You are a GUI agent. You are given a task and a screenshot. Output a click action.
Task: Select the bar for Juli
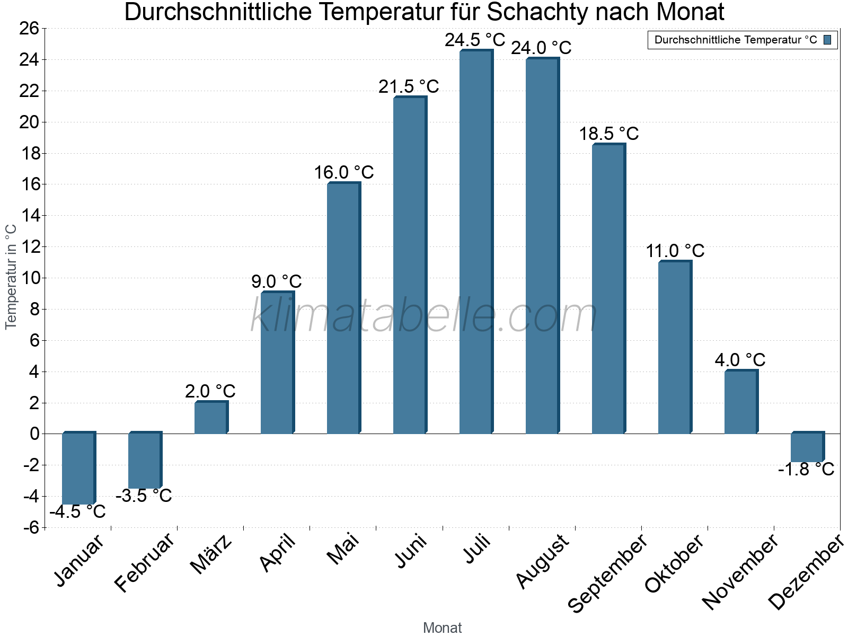coord(475,242)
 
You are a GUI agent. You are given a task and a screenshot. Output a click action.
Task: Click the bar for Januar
coord(78,469)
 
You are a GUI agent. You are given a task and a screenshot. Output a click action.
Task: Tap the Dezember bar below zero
coord(807,447)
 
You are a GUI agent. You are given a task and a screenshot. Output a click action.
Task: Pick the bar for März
coord(210,418)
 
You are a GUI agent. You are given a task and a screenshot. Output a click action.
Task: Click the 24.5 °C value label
coord(475,40)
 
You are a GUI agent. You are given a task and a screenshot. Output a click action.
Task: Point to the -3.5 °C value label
coord(144,496)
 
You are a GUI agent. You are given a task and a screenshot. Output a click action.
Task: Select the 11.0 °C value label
coord(675,251)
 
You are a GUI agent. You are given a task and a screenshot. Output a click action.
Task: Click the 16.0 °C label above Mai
coord(343,172)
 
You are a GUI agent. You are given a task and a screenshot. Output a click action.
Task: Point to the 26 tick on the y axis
coord(29,28)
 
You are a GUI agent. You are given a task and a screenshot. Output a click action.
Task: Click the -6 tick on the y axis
coord(31,527)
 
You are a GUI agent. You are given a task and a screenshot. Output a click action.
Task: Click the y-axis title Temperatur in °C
coord(11,277)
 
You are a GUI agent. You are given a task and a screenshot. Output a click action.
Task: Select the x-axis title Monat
coord(442,628)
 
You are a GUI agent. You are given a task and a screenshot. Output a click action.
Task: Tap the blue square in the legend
coord(827,40)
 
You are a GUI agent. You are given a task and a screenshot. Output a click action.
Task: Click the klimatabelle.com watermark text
coord(423,316)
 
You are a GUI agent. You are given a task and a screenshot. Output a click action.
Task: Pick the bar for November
coord(740,402)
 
